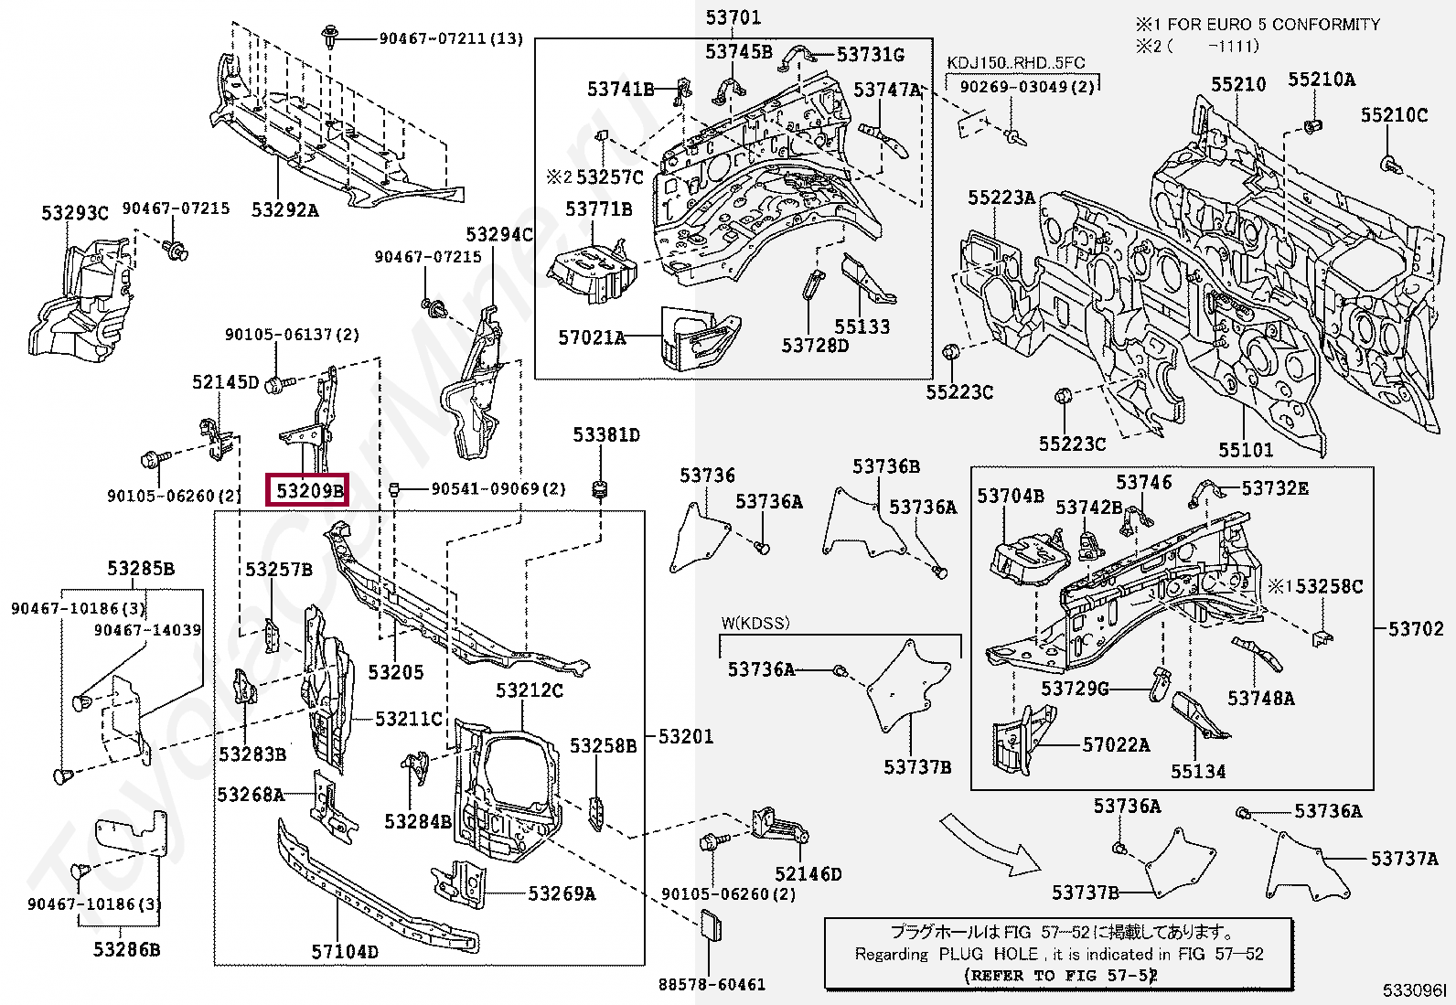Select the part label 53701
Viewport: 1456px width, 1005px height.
tap(733, 17)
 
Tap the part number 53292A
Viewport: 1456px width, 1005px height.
tap(284, 210)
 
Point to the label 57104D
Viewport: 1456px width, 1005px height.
tap(345, 952)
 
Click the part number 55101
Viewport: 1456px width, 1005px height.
tap(1245, 450)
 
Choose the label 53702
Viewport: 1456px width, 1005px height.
tap(1415, 629)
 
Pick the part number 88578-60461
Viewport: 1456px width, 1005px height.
tap(712, 985)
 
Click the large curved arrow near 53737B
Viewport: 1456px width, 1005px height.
tap(992, 846)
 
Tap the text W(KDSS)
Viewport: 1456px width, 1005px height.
tap(755, 624)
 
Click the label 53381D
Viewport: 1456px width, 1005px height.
tap(606, 434)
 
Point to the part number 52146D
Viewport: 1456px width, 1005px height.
tap(808, 874)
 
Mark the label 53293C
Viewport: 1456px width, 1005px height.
tap(74, 214)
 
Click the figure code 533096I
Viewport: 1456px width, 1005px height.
tap(1414, 990)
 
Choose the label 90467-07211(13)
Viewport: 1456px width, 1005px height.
tap(451, 38)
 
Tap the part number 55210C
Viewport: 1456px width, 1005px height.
tap(1394, 115)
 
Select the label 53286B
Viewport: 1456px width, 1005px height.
tap(126, 949)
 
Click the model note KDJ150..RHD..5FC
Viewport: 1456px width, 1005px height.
tap(1015, 63)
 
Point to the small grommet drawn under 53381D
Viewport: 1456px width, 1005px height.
tap(601, 490)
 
